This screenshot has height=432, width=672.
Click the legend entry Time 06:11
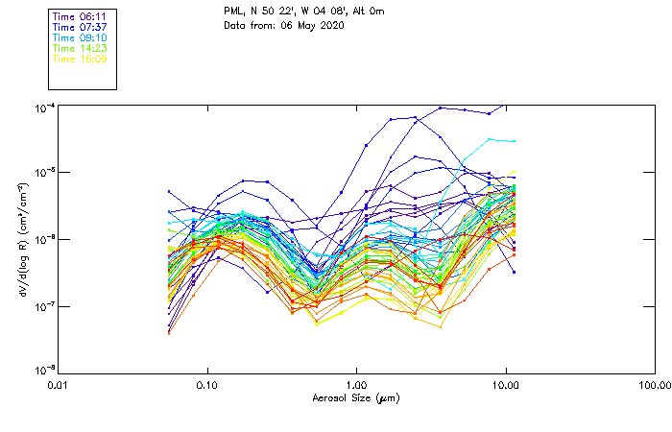click(80, 17)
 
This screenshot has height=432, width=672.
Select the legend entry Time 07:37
click(80, 27)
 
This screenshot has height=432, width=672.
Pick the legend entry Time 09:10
click(80, 37)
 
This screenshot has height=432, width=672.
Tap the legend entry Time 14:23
click(80, 48)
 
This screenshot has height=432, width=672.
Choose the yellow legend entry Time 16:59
click(80, 59)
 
